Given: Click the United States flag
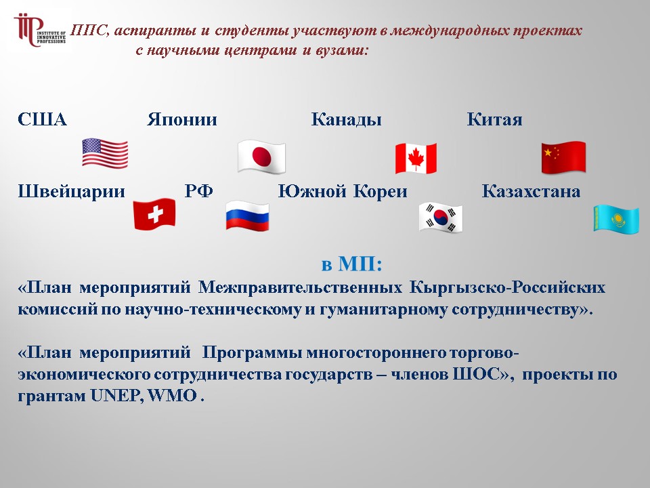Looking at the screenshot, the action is (105, 153).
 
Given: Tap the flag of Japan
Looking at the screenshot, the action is (261, 157).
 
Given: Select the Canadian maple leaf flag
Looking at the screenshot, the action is (416, 158).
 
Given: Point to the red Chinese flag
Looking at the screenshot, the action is (563, 157).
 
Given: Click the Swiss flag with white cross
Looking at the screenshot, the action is (154, 213).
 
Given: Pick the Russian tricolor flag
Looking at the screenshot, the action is (248, 216).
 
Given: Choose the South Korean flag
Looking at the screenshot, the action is (440, 218).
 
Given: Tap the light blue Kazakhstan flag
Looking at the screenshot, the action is (616, 219).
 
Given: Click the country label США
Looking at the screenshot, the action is (42, 119).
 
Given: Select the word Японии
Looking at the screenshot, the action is (182, 119).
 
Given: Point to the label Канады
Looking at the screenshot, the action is (346, 120).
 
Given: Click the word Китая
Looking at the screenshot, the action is (494, 119).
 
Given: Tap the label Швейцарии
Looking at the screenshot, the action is (71, 192).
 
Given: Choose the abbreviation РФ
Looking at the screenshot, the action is (198, 191).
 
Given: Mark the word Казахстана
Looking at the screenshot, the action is (531, 191).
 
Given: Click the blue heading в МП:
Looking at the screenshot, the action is (351, 264).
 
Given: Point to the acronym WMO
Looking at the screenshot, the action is (173, 395).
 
